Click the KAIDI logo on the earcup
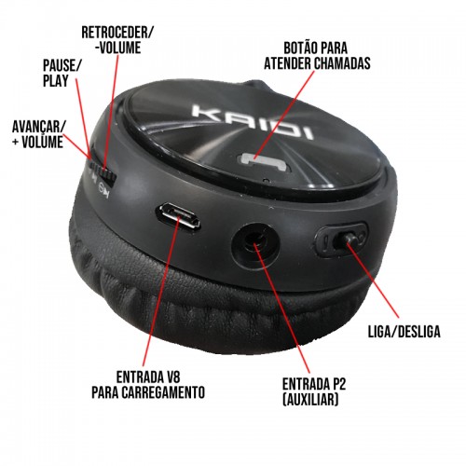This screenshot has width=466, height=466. click(253, 122)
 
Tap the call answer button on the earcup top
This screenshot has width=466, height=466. click(264, 162)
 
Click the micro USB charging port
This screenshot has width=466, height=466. click(178, 216)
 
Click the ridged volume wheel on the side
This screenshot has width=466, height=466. click(102, 174)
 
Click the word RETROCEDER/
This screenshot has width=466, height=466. click(117, 33)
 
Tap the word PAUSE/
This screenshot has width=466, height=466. click(62, 65)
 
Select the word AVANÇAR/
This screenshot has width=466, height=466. click(39, 127)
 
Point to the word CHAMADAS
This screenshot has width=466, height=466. click(342, 63)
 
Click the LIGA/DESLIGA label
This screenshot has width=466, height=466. click(404, 332)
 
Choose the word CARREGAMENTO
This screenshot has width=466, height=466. click(163, 392)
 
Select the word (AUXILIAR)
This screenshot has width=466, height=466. click(310, 399)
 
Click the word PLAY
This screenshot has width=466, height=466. click(55, 80)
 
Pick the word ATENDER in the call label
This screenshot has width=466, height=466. click(288, 63)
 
